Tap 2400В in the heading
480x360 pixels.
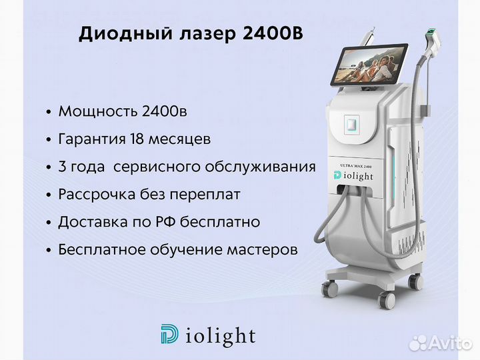click(273, 33)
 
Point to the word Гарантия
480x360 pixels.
click(92, 139)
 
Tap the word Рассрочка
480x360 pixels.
click(97, 195)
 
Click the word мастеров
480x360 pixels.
click(263, 250)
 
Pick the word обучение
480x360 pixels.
click(186, 250)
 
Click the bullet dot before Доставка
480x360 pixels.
click(49, 223)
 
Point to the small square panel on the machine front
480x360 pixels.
click(352, 124)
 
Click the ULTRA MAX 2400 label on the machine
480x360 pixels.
click(356, 166)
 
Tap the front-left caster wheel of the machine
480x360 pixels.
click(329, 288)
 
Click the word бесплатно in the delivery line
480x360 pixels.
click(220, 222)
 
